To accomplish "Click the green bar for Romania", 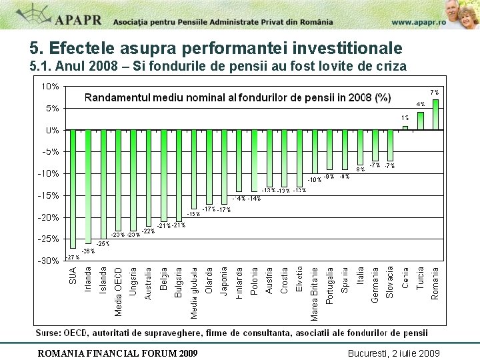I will coord(435,114).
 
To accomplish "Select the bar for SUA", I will coord(73,189).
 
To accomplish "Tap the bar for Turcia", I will coord(421,121).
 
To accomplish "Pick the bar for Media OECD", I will coord(118,180).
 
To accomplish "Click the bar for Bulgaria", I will coord(179,175).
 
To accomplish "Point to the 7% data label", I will coord(434,92).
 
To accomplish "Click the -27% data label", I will coord(73,257).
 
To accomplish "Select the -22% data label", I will coord(148,231).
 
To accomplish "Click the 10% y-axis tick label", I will coord(50,86).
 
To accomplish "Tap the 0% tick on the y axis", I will coord(52,130).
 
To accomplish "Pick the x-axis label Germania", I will coord(375,285).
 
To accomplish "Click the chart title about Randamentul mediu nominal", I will coord(237,97).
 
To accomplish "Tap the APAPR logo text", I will coord(79,19).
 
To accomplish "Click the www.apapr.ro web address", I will coord(419,21).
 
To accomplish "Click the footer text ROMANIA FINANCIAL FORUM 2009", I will coord(117,352).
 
